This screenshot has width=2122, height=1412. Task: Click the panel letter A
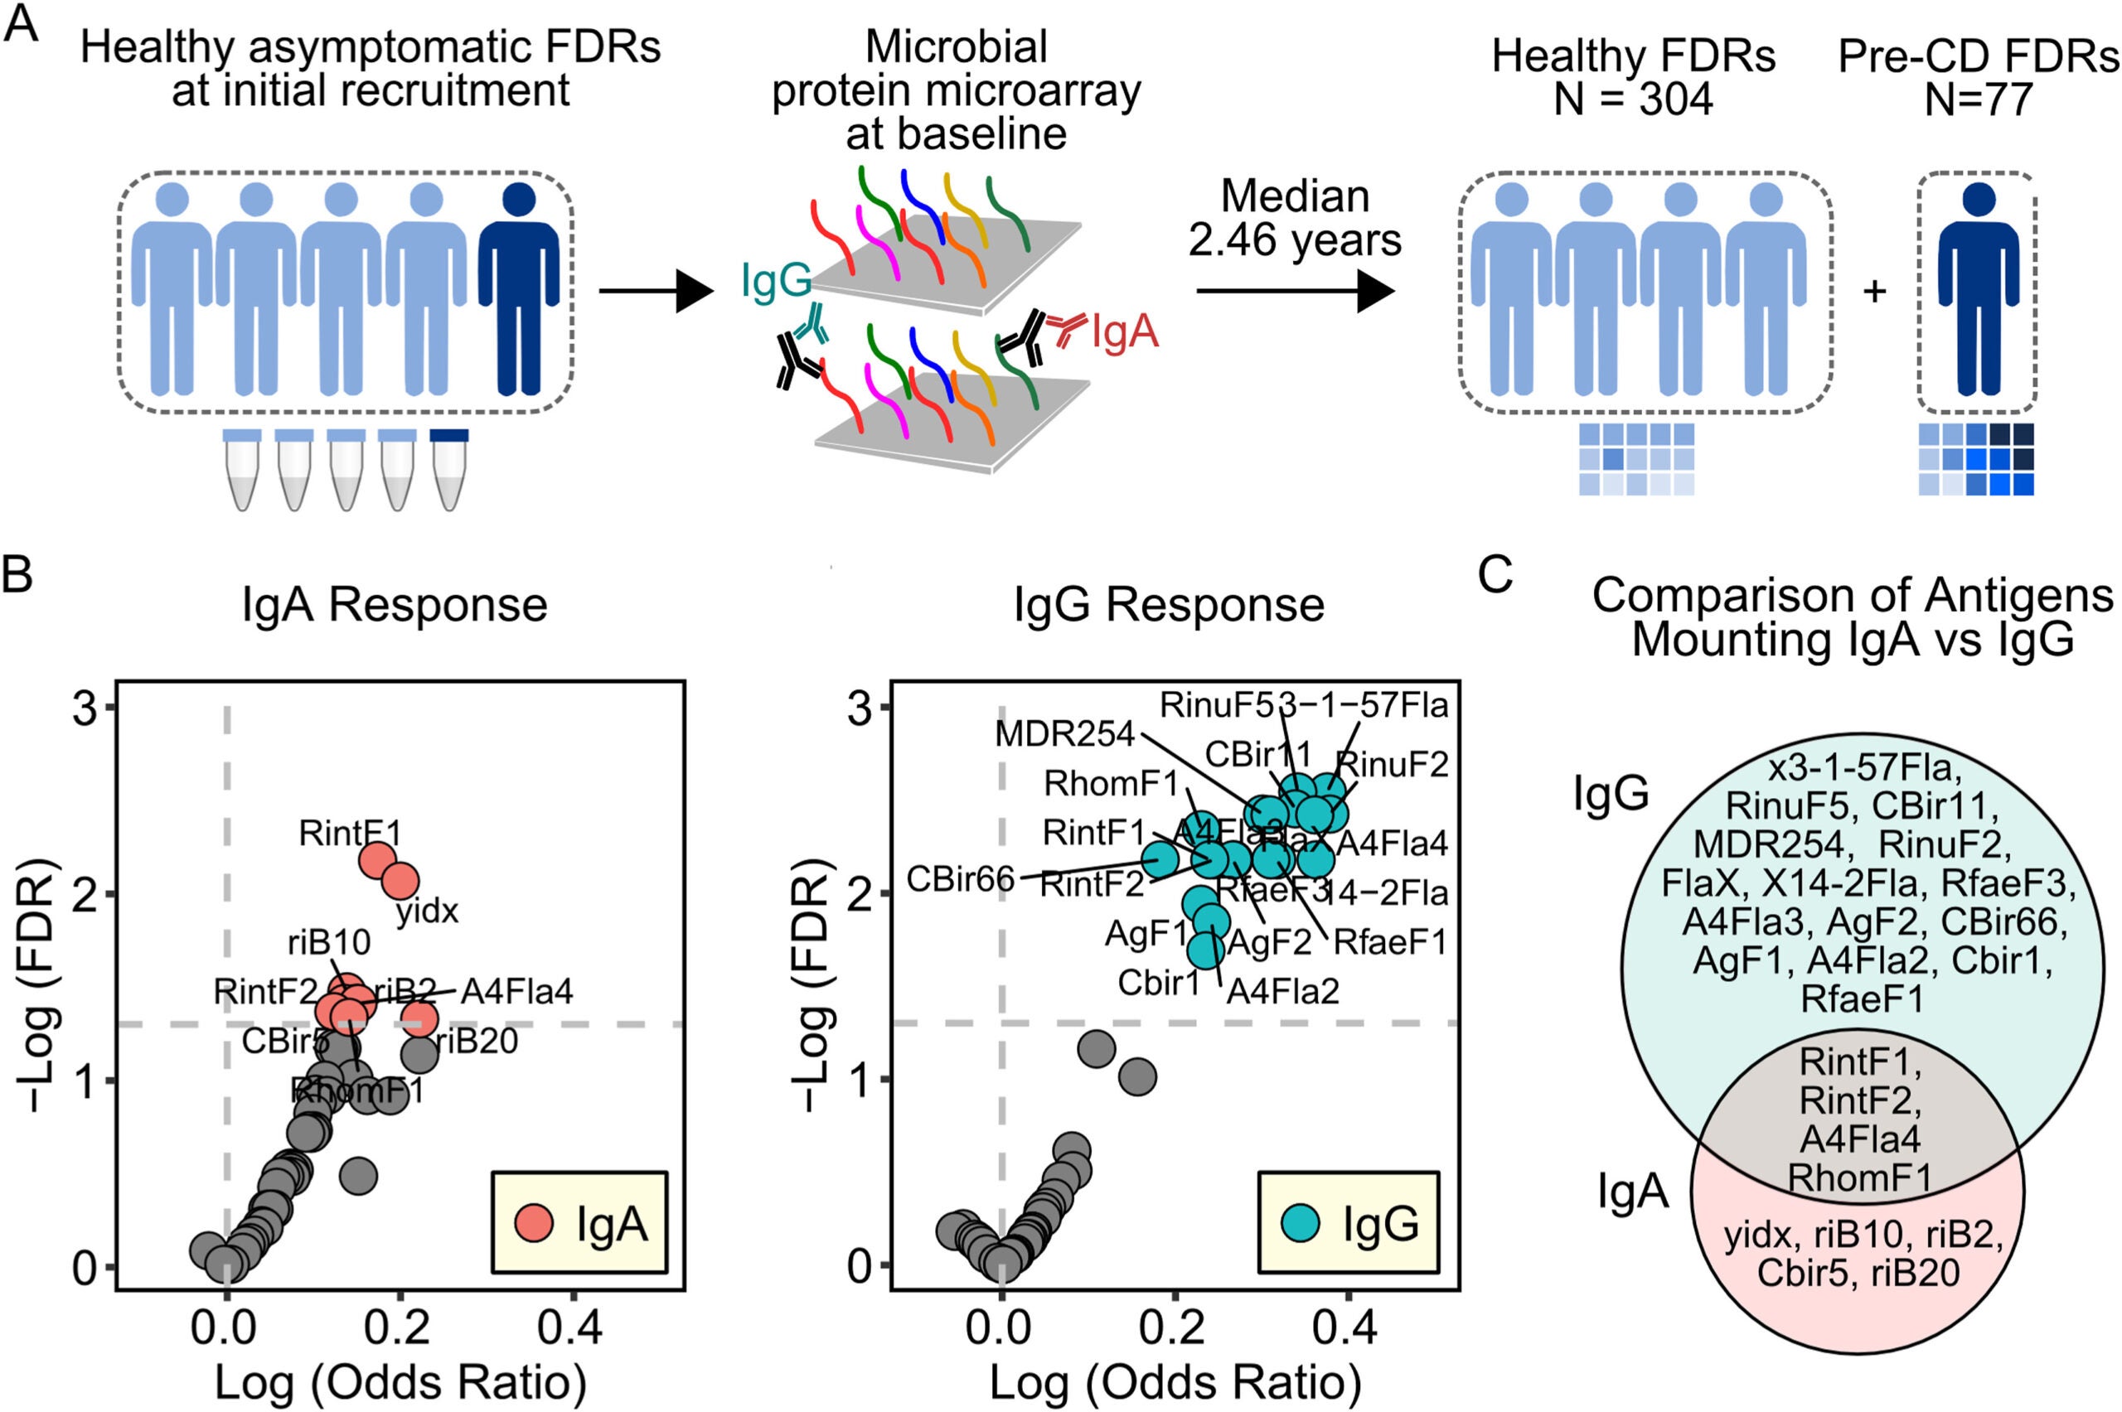(22, 24)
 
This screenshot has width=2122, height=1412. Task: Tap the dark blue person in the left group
(519, 288)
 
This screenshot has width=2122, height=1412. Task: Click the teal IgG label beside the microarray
(777, 280)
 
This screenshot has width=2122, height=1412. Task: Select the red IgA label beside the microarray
(1124, 332)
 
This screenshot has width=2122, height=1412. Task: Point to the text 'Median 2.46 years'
(1294, 218)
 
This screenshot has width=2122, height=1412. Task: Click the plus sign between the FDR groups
(1874, 292)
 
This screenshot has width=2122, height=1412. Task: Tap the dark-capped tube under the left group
(448, 469)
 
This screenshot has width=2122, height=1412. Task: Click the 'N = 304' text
(1633, 99)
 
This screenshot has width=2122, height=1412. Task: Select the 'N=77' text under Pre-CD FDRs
(1978, 99)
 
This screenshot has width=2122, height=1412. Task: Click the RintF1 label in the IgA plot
(350, 834)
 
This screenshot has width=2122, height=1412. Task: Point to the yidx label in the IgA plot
(428, 912)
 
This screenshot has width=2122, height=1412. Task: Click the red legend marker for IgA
(533, 1222)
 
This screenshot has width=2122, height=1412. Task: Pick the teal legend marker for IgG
(1300, 1222)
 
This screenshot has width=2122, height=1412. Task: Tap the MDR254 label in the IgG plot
(1064, 735)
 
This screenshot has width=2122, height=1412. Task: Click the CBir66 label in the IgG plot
(960, 878)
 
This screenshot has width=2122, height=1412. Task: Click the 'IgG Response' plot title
(1169, 604)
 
